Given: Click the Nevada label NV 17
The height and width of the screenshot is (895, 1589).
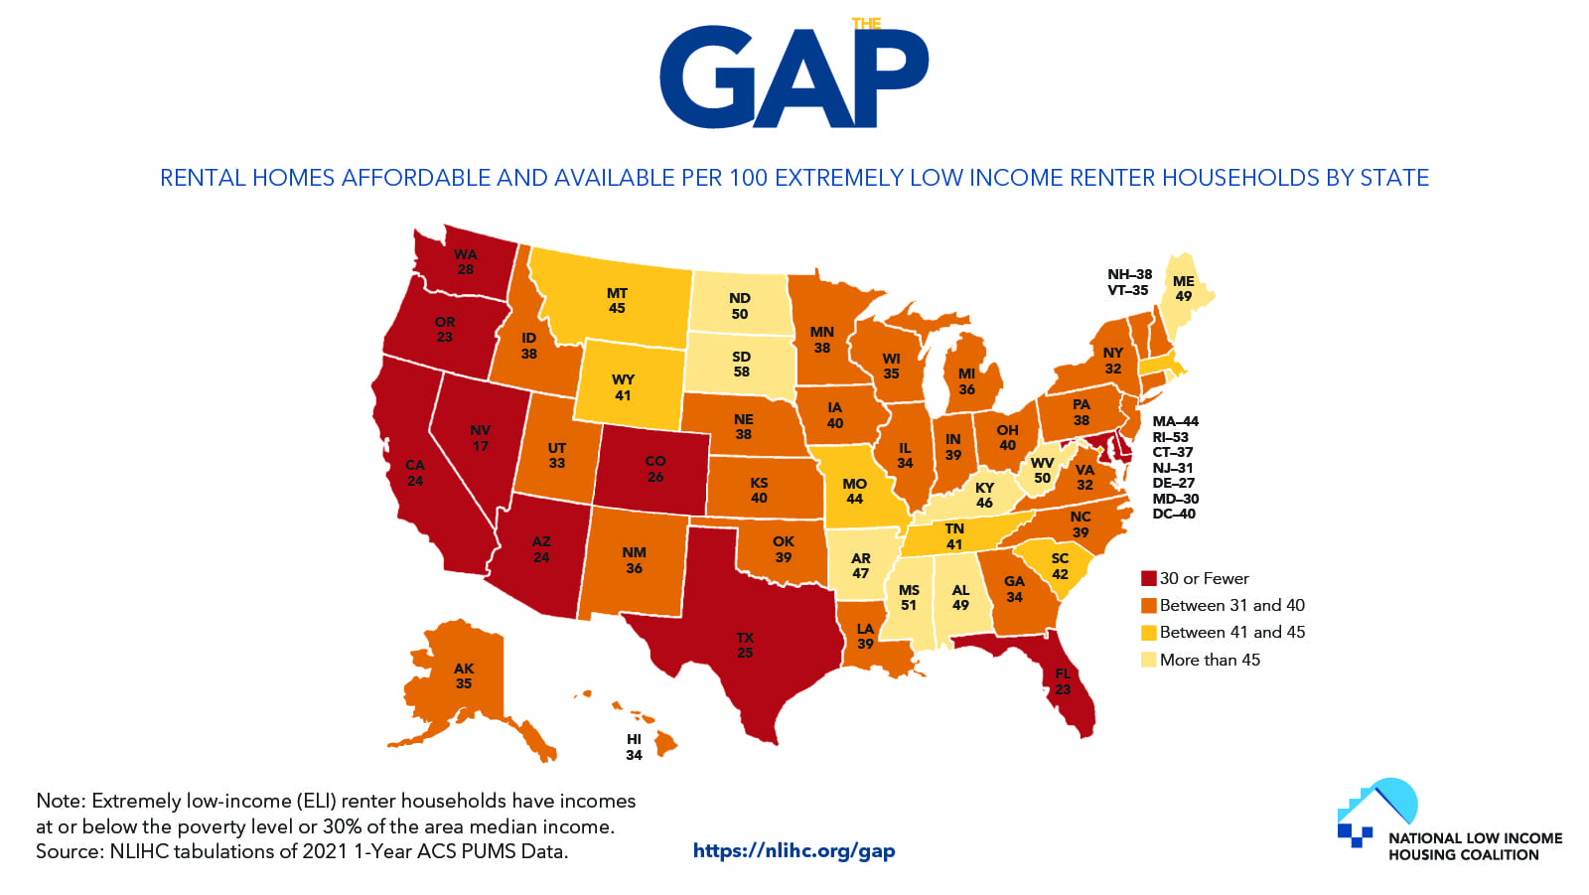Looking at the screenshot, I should [481, 438].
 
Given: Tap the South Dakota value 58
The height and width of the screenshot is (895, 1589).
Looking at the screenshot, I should [742, 372].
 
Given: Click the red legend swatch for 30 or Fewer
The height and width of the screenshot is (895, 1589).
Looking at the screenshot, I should [1149, 578].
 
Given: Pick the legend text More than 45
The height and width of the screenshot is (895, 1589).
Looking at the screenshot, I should [1210, 660].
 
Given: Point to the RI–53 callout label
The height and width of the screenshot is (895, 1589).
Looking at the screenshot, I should [1170, 437].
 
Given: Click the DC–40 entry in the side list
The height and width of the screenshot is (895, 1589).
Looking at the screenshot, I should [1174, 514].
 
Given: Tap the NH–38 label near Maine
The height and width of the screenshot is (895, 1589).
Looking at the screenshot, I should [1129, 274].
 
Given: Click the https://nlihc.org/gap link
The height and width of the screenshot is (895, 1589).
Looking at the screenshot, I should [794, 850].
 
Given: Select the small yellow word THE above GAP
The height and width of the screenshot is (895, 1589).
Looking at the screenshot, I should [866, 24].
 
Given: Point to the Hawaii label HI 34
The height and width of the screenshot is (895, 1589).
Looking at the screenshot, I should [634, 747].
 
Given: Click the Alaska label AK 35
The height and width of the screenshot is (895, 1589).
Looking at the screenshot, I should [464, 675].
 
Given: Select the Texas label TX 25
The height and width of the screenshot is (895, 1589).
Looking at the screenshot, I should [745, 645].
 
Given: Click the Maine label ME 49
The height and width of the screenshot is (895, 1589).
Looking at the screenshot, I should [1184, 288].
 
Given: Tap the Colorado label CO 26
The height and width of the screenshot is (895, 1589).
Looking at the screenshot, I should [655, 469].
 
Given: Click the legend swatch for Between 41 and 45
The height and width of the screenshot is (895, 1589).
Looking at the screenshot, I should [1149, 633].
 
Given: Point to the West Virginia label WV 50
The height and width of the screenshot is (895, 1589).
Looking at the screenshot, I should [1042, 470].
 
